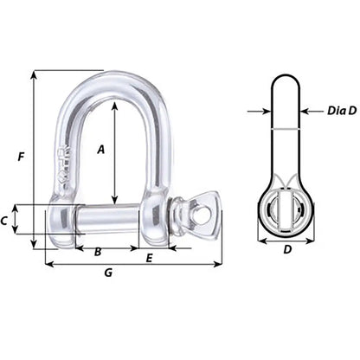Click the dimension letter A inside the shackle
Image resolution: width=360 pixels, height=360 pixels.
[x=100, y=149]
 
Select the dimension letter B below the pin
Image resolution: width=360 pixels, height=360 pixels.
[x=97, y=252]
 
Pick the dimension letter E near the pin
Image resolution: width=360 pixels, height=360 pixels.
[x=149, y=258]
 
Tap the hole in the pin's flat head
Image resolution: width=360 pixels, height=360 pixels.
[x=204, y=210]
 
